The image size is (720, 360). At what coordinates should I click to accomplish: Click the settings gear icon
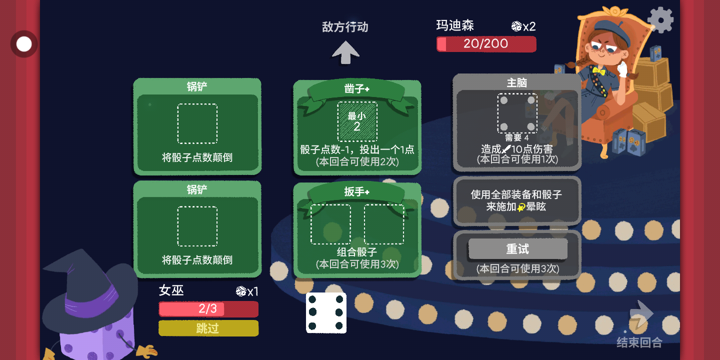660,20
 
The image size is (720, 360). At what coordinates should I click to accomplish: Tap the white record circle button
24,44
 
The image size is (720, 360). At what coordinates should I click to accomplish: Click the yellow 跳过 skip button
208,328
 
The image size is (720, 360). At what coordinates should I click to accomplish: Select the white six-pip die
326,313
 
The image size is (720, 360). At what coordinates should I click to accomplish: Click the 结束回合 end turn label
639,342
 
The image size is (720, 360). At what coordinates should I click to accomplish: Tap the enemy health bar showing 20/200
486,43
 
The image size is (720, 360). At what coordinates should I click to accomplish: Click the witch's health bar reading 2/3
208,309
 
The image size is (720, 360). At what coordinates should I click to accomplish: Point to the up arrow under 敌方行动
345,52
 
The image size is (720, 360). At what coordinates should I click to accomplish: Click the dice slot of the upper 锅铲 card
197,123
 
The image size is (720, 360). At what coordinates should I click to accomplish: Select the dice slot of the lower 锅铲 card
197,226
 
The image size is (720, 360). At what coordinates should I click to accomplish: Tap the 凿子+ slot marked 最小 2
357,121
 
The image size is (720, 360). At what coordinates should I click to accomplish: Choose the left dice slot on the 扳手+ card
330,224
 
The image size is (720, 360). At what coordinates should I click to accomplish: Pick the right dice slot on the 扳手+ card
384,224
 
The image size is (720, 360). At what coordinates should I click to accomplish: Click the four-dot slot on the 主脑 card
517,113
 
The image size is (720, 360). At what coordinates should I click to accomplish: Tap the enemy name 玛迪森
455,25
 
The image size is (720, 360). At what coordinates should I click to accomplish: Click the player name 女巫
171,290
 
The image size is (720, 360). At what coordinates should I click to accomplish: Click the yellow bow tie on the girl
599,70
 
